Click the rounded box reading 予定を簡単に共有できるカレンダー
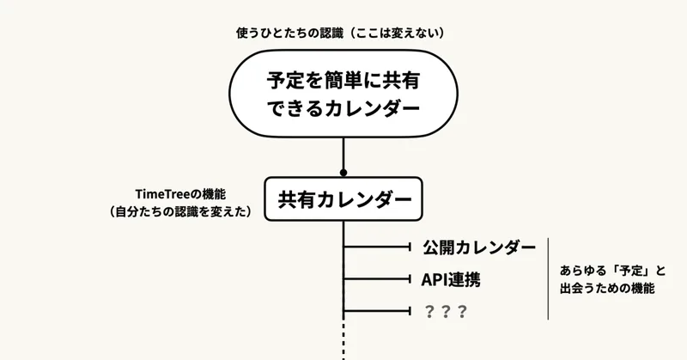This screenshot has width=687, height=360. (x=343, y=95)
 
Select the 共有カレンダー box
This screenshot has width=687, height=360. (x=343, y=200)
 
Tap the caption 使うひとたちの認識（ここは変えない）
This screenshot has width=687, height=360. (x=344, y=33)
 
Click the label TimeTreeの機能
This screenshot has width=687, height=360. (x=185, y=194)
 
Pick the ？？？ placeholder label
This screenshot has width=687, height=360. (x=446, y=311)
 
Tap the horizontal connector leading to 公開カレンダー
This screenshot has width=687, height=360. (x=378, y=248)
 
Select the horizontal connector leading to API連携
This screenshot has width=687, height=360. (x=378, y=279)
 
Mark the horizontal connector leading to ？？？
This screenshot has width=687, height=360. (x=378, y=311)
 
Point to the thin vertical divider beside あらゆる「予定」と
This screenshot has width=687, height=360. (x=548, y=279)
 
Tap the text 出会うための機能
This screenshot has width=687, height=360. (x=607, y=290)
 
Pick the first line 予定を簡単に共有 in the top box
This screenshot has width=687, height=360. (x=343, y=82)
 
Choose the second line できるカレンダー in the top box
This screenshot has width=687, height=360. (x=343, y=109)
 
